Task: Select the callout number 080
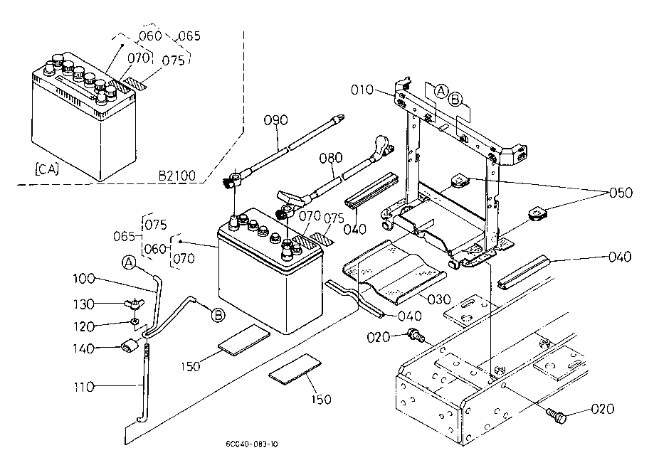point(331,157)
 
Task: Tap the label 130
point(85,304)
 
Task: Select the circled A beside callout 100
point(129,263)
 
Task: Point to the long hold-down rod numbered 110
point(147,388)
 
